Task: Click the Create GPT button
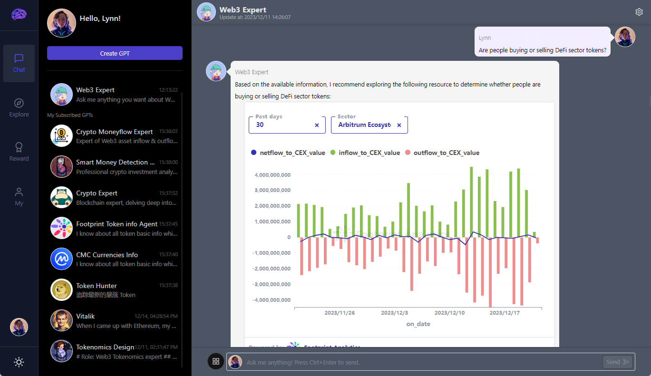(115, 53)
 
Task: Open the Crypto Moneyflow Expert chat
(115, 136)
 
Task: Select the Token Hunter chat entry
(115, 290)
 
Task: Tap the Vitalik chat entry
(115, 320)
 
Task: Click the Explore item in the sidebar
(19, 108)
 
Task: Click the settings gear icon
(639, 12)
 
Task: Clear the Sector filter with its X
(399, 125)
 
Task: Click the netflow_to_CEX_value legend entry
(288, 153)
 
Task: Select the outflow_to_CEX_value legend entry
(442, 153)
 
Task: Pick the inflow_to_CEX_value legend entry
(365, 153)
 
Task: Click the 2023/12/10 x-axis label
(449, 313)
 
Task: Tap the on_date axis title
(418, 324)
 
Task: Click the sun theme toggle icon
(19, 362)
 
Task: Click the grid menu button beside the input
(215, 361)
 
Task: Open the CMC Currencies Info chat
(115, 259)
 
